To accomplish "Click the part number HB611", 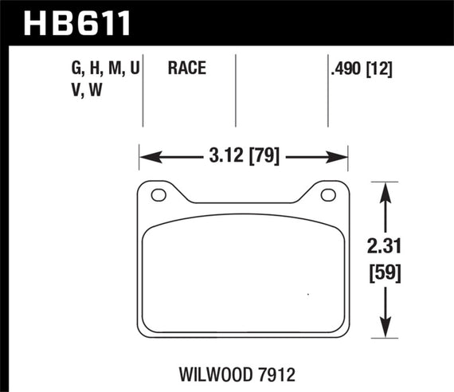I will [69, 23].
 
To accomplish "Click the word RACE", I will [187, 69].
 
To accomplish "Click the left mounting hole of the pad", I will [159, 195].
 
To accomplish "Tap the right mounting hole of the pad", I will [326, 195].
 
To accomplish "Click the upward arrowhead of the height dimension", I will [386, 188].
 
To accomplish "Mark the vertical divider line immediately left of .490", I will [328, 89].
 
